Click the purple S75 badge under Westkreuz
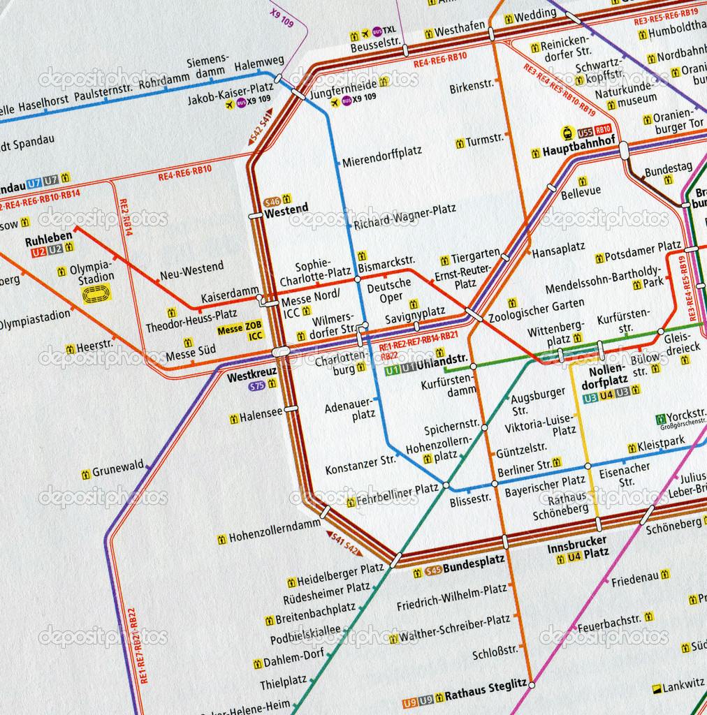[257, 385]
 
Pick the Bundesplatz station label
[474, 560]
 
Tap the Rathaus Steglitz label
[486, 686]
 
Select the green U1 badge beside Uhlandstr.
[392, 371]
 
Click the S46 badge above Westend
[272, 201]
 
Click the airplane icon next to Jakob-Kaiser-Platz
[228, 104]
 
